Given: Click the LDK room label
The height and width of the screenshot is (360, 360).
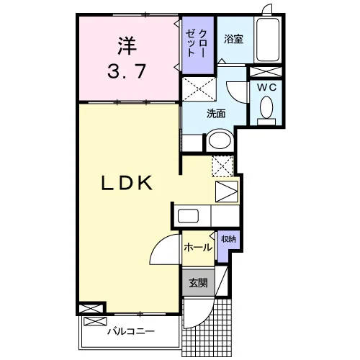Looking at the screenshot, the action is pyautogui.click(x=127, y=183).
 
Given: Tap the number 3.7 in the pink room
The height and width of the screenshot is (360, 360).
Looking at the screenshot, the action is pyautogui.click(x=127, y=71).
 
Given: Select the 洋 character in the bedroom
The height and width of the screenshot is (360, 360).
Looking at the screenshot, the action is pyautogui.click(x=127, y=45).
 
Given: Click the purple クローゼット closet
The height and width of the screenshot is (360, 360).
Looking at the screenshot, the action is pyautogui.click(x=198, y=45).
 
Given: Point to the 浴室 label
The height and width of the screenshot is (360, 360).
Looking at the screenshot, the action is pyautogui.click(x=234, y=39).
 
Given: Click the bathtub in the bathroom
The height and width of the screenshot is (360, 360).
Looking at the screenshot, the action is pyautogui.click(x=268, y=40).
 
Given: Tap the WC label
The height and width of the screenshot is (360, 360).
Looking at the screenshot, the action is pyautogui.click(x=266, y=88).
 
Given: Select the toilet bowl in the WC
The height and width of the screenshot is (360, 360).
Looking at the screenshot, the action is pyautogui.click(x=266, y=107).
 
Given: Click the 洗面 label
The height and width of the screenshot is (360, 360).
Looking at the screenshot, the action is pyautogui.click(x=216, y=114).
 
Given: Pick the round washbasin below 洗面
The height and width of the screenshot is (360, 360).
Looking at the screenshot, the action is pyautogui.click(x=220, y=140).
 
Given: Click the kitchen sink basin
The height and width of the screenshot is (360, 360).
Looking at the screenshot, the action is pyautogui.click(x=188, y=216).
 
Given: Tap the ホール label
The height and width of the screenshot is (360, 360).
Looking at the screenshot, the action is pyautogui.click(x=198, y=247).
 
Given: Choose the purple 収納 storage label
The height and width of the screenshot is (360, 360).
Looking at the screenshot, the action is pyautogui.click(x=228, y=239).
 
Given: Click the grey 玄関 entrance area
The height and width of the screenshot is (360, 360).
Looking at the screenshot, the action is pyautogui.click(x=198, y=283).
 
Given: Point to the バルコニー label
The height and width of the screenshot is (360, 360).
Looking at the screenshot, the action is pyautogui.click(x=131, y=332).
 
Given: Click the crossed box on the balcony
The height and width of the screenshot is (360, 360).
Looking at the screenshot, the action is pyautogui.click(x=95, y=321).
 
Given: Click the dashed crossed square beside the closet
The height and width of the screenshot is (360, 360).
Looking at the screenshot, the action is pyautogui.click(x=199, y=89).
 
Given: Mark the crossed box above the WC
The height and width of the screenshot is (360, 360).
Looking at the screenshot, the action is pyautogui.click(x=266, y=72).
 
